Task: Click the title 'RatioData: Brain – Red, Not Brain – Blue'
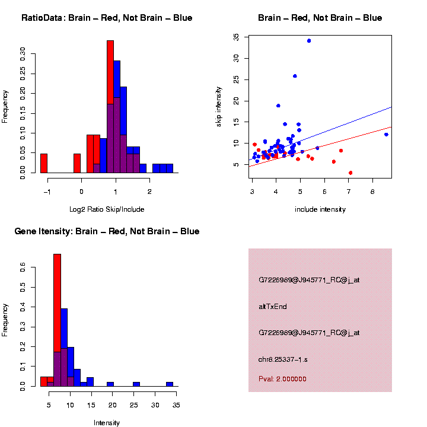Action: click(107, 18)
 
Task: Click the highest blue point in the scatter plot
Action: click(309, 41)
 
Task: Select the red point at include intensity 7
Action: click(350, 173)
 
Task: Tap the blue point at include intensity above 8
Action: click(386, 135)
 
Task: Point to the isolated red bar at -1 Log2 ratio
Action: click(44, 163)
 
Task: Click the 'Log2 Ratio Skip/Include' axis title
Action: click(107, 209)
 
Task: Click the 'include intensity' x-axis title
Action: click(320, 209)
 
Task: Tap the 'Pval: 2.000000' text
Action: click(282, 379)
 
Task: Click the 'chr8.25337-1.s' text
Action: click(283, 359)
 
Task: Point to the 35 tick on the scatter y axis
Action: click(237, 37)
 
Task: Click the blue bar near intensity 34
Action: click(170, 384)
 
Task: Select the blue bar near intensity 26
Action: click(136, 384)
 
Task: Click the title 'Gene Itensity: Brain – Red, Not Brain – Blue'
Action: click(107, 231)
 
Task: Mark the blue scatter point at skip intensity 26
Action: click(295, 76)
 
